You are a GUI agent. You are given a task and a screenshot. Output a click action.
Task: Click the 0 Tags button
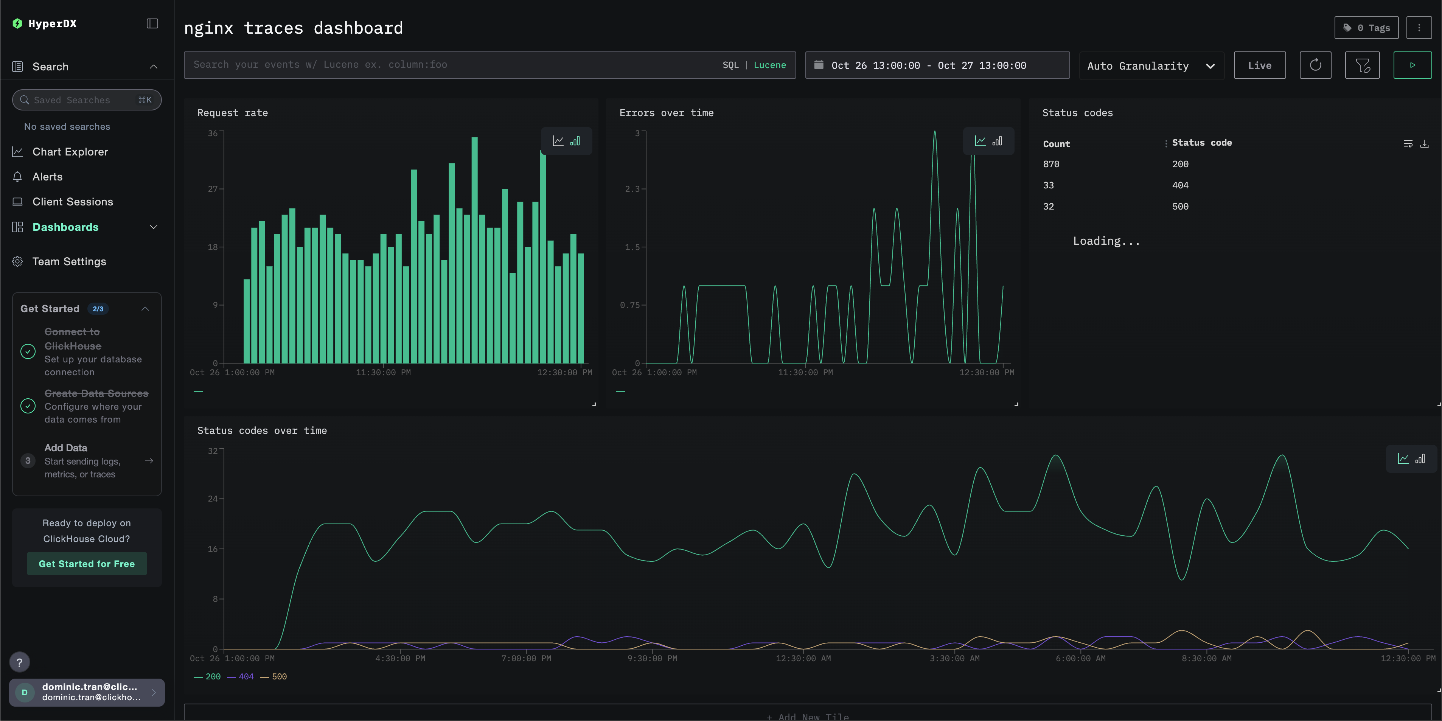(1366, 28)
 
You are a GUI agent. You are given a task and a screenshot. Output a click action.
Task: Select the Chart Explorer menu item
(70, 152)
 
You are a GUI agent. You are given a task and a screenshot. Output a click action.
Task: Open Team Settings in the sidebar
(69, 261)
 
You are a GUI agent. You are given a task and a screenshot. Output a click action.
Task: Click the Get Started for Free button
(87, 564)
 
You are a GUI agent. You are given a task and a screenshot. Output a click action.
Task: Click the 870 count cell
(1051, 164)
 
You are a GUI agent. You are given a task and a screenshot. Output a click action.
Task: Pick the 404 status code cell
(1180, 185)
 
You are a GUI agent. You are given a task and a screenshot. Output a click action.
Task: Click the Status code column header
(1201, 143)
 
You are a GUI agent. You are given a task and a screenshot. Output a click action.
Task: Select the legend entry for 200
(212, 677)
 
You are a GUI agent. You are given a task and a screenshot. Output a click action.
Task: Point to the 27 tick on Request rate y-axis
(212, 189)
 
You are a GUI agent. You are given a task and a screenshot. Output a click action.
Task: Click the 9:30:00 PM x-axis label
(652, 658)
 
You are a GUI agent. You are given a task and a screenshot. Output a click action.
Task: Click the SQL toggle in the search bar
(730, 65)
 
